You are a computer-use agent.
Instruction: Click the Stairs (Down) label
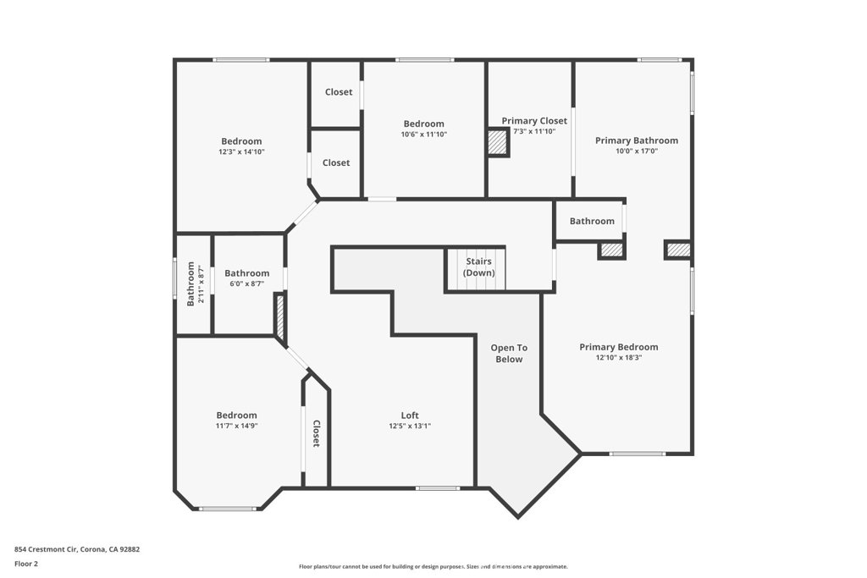[x=478, y=267]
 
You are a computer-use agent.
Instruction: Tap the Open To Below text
[x=509, y=353]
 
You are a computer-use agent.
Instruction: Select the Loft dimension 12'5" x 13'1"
[x=410, y=427]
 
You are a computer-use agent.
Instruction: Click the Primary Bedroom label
[x=618, y=347]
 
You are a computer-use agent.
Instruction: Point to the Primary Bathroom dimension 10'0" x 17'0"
[x=637, y=151]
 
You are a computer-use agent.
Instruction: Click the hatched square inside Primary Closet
[x=498, y=143]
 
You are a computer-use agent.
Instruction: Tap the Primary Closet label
[x=534, y=121]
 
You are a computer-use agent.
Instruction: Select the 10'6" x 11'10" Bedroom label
[x=423, y=135]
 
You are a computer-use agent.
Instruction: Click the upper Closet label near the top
[x=338, y=92]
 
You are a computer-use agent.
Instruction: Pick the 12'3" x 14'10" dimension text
[x=241, y=152]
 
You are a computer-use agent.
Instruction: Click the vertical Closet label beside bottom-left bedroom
[x=317, y=433]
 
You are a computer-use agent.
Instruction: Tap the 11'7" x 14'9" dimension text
[x=236, y=427]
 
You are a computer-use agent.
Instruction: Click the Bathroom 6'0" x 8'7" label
[x=246, y=273]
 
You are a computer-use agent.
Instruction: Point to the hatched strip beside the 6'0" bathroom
[x=279, y=314]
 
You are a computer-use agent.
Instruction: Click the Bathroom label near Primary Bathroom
[x=592, y=221]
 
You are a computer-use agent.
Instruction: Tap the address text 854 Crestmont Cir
[x=77, y=549]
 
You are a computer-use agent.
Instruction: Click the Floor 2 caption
[x=26, y=564]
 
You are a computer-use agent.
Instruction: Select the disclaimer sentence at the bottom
[x=433, y=567]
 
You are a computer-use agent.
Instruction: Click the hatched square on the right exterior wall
[x=677, y=250]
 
